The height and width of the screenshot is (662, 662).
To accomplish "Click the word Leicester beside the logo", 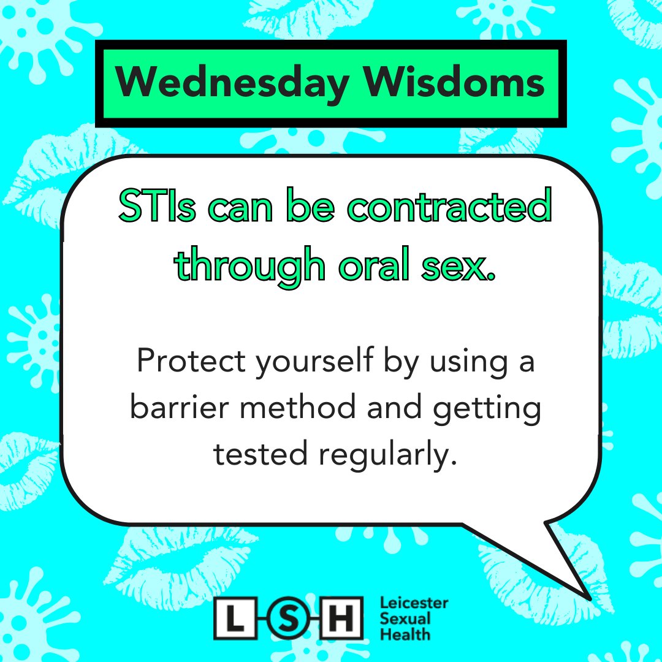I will pos(414,604).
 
